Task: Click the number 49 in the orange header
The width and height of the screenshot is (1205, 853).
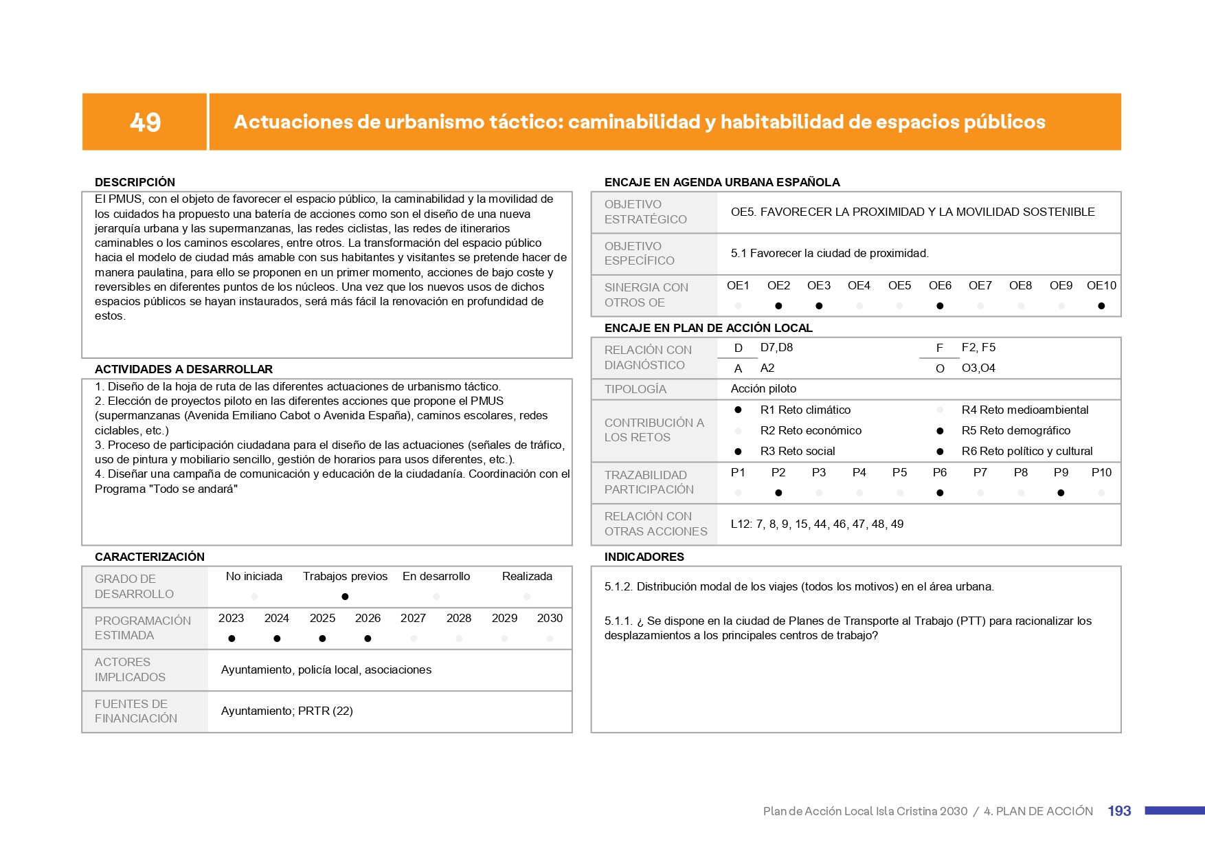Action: (145, 122)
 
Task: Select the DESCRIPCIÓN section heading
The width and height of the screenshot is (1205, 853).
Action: (135, 182)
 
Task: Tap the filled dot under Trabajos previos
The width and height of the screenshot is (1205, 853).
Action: (345, 597)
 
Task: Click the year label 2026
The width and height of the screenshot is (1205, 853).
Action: (368, 618)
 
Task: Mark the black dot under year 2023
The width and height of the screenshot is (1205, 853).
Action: (232, 639)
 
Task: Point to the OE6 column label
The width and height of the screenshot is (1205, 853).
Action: (940, 285)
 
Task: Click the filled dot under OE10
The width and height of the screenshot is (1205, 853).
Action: (1101, 306)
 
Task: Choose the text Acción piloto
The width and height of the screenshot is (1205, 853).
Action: (763, 389)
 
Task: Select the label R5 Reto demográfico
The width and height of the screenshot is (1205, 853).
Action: (1015, 430)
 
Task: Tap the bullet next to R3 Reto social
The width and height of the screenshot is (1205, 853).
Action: (738, 452)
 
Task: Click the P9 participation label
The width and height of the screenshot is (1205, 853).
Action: (1061, 472)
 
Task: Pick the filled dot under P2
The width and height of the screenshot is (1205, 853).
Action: (778, 493)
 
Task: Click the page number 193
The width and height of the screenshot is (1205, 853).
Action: (1119, 811)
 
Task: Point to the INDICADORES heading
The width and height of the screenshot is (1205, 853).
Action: (644, 557)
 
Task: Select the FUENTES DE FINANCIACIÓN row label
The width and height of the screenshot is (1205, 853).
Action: (136, 711)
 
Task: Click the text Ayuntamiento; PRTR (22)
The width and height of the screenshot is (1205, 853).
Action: (286, 711)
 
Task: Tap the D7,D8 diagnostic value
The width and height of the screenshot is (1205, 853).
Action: (776, 348)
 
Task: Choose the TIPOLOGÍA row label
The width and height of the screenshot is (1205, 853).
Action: (635, 389)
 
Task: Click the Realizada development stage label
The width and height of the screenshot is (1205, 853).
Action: (527, 576)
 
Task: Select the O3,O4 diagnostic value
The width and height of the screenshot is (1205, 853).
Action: (978, 368)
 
